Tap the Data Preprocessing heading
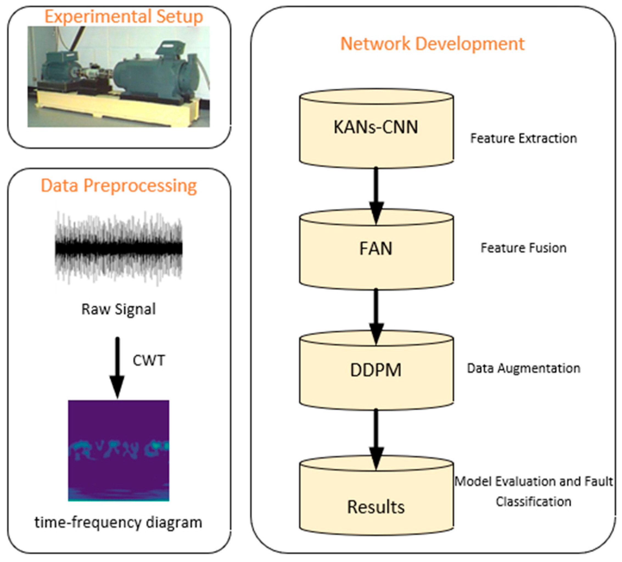tap(119, 186)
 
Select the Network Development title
tap(432, 44)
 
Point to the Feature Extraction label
tap(523, 139)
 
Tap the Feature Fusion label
tap(523, 248)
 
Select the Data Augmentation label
tap(523, 368)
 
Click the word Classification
tap(533, 502)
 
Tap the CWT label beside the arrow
tap(149, 360)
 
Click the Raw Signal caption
tap(119, 309)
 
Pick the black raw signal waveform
tap(119, 248)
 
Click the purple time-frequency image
tap(119, 450)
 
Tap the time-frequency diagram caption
tap(119, 523)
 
